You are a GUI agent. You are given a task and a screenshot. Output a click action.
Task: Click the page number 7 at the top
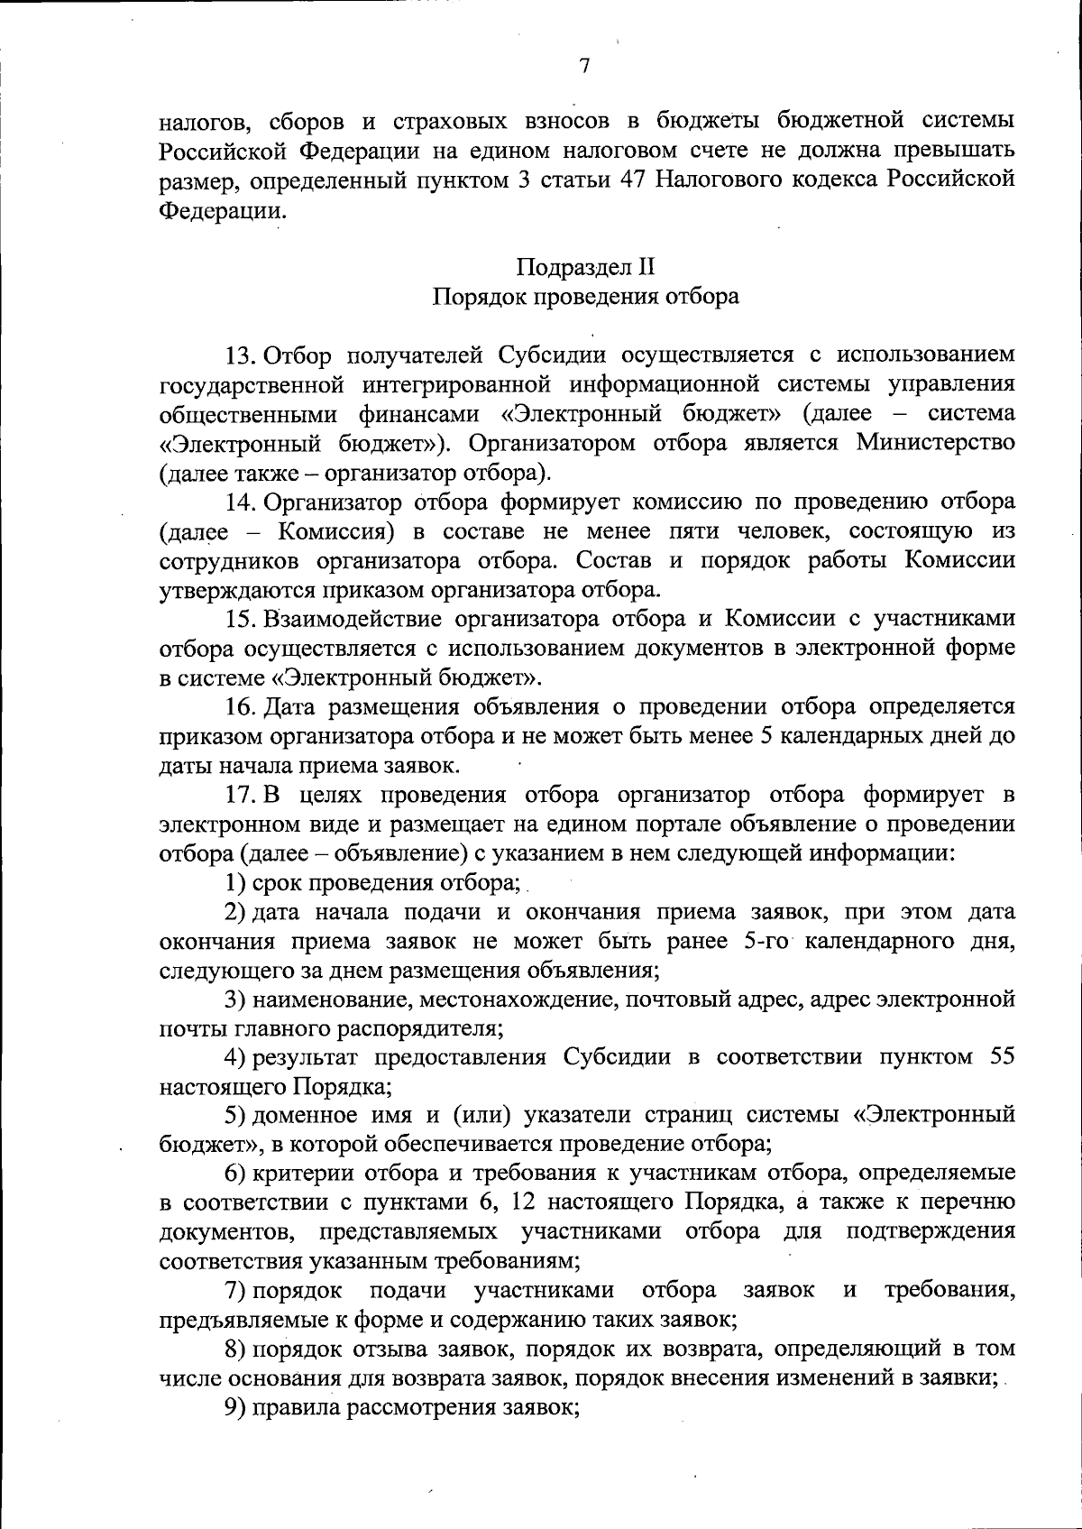coord(584,66)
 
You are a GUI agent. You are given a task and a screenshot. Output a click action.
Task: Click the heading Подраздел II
coord(585,267)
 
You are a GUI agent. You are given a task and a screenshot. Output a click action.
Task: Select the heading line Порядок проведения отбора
coord(585,297)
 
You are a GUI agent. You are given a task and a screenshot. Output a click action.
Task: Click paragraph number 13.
coord(242,355)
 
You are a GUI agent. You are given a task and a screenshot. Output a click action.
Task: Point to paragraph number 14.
coord(242,502)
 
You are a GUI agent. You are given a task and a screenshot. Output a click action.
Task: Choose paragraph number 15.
coord(242,619)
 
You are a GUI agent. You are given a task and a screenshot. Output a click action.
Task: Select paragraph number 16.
coord(242,707)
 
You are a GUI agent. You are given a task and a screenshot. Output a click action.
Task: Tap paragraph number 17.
coord(242,795)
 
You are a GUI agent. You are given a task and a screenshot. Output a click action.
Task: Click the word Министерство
coord(935,443)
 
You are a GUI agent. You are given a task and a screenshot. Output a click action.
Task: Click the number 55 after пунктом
coord(1002,1056)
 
